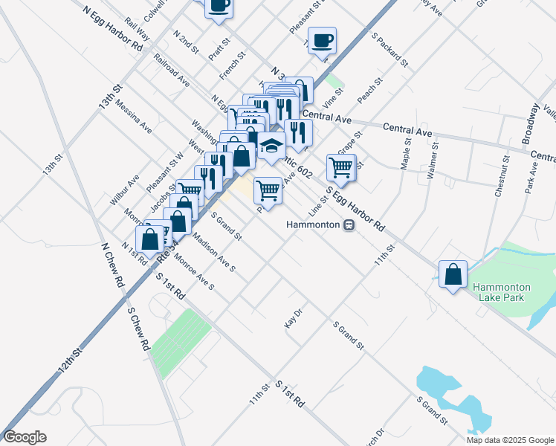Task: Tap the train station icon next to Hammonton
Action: tap(348, 224)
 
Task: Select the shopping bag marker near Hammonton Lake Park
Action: tap(453, 274)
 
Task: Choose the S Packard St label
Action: tap(391, 50)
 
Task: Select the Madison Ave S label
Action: tap(213, 253)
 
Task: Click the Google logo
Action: tap(25, 437)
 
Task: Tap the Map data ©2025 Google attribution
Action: tap(510, 440)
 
